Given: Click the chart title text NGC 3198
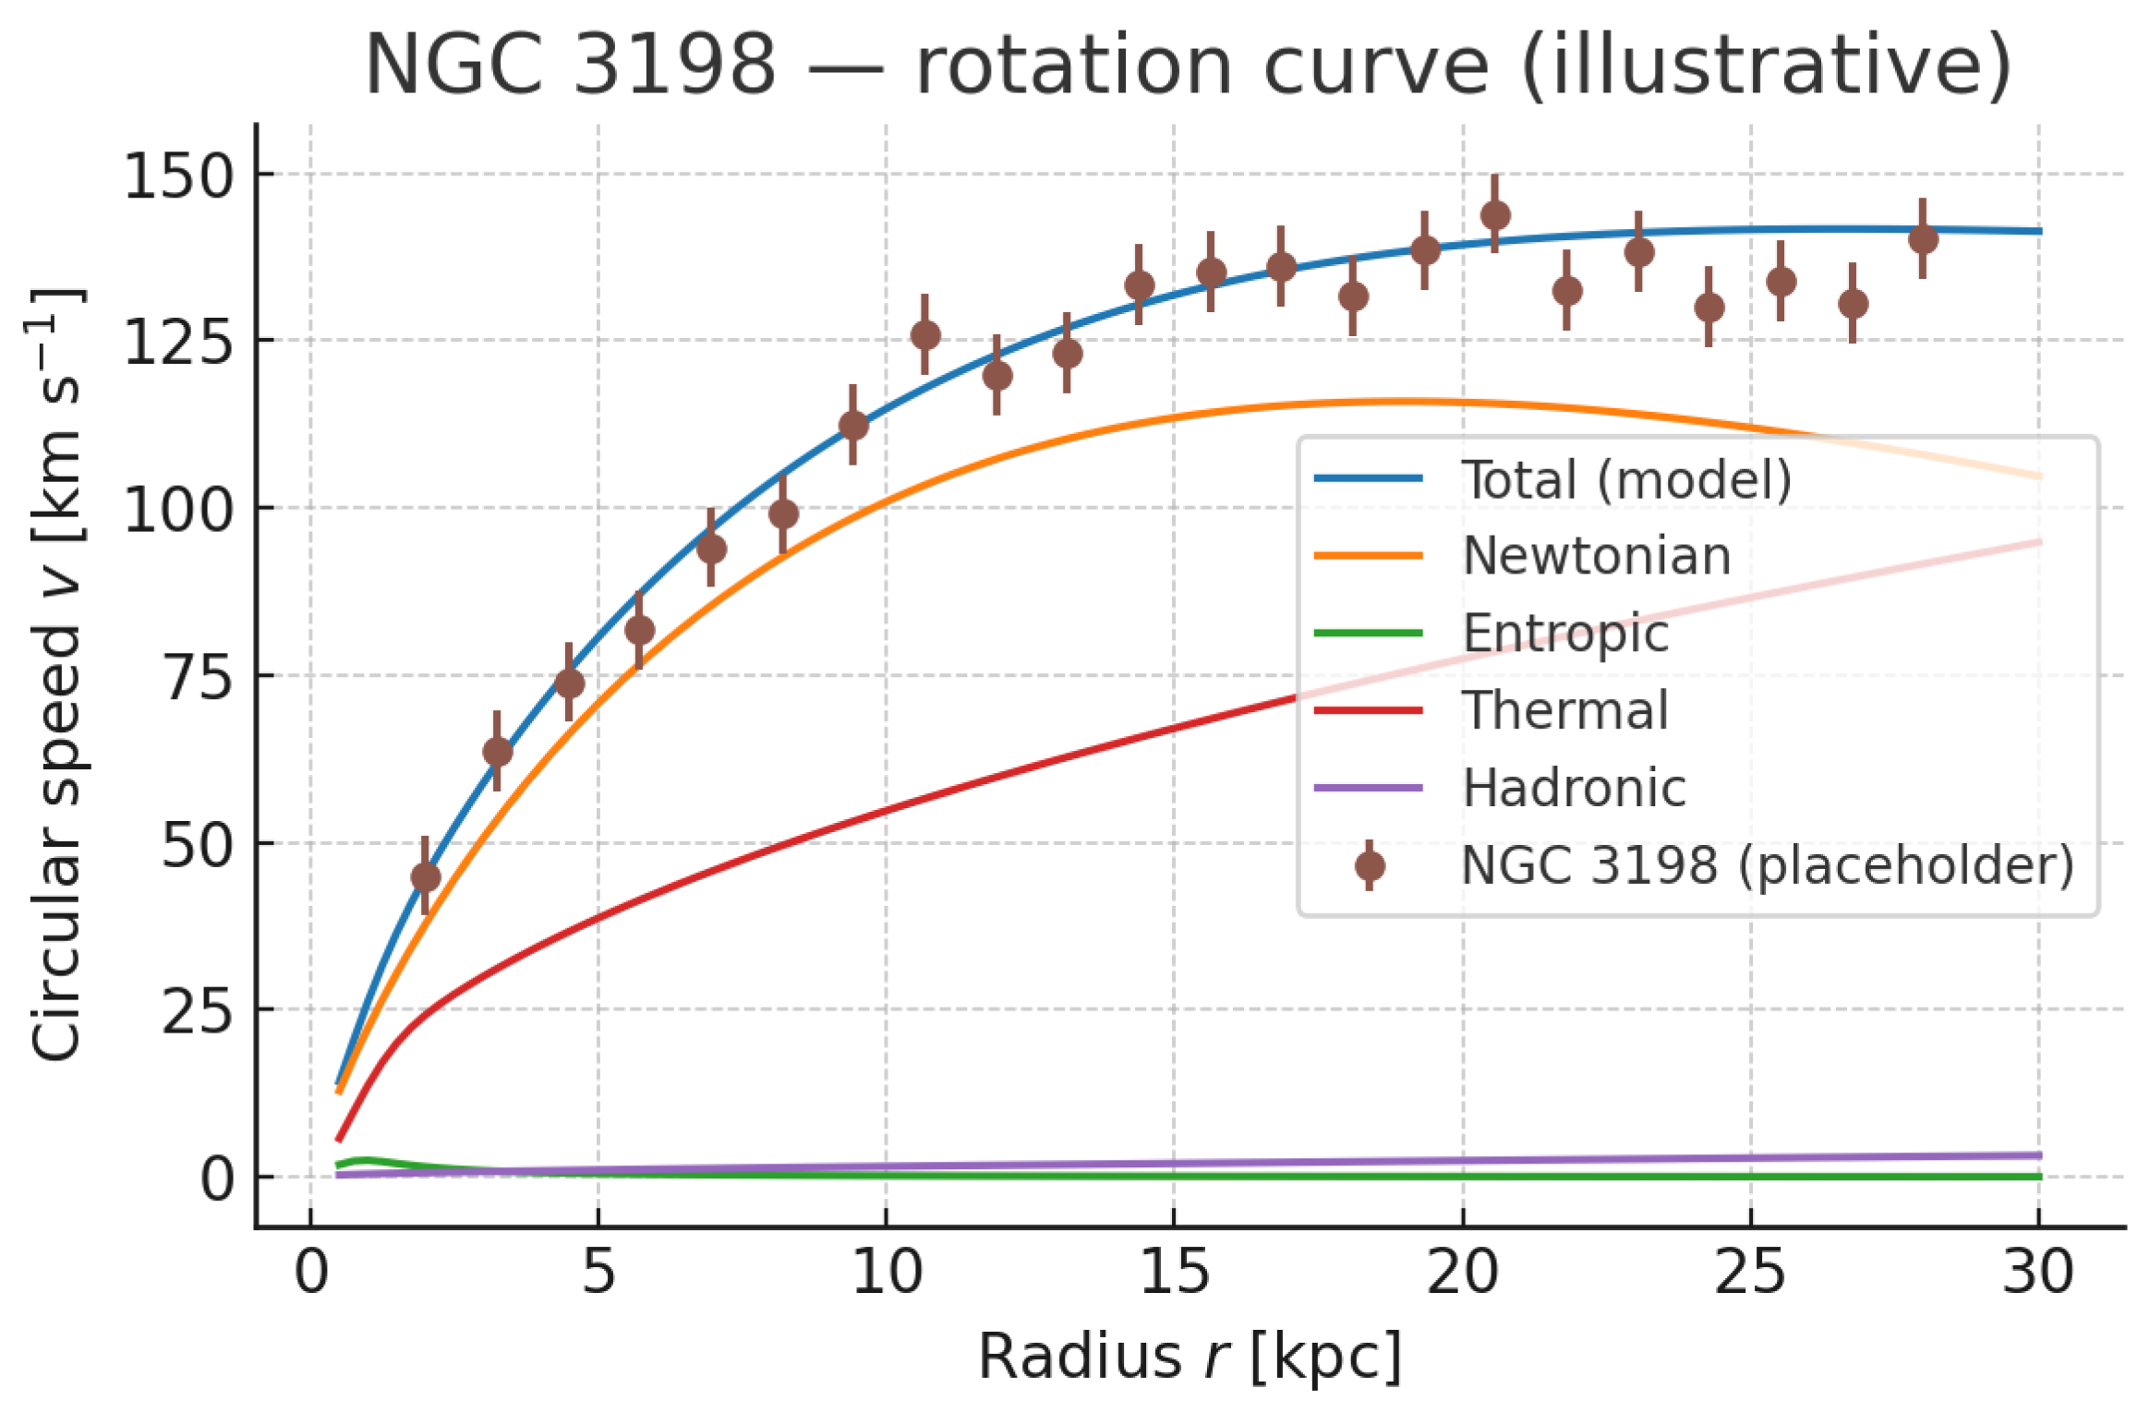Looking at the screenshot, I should (570, 65).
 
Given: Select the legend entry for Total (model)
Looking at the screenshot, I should (1625, 479).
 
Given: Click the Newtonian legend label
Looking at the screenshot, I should (1597, 556).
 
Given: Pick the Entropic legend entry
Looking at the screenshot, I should (1565, 634).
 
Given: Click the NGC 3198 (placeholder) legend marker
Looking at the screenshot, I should (1370, 865).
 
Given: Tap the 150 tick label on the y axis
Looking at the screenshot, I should (178, 175).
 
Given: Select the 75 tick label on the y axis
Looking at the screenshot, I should (197, 678).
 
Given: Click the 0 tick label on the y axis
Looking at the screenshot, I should (217, 1179).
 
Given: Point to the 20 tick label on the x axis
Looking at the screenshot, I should (1462, 1273).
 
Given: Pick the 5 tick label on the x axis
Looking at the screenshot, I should (598, 1273).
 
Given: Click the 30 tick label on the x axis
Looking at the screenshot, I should (2038, 1273).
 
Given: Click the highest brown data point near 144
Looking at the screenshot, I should (1495, 215).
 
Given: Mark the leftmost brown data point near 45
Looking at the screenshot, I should (425, 876).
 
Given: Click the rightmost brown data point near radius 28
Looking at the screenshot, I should (1923, 239).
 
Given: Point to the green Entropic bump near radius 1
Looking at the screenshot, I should (367, 1160).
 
